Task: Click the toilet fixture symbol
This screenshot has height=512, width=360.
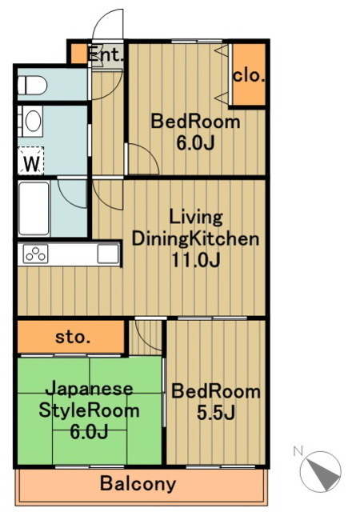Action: point(32,86)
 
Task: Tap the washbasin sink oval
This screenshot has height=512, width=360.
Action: point(33,121)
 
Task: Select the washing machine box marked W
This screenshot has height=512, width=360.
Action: point(31,161)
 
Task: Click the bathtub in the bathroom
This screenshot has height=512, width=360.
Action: point(34,208)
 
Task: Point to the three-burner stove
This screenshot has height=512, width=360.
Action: point(35,254)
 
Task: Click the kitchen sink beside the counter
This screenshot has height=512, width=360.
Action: point(107,254)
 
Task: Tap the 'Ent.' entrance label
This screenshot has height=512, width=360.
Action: point(106,54)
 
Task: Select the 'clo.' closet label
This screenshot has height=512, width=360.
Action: point(249,76)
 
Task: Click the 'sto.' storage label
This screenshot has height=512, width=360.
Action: point(73,337)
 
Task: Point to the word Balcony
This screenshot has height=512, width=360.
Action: point(138,484)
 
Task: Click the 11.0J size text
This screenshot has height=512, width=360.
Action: point(196,260)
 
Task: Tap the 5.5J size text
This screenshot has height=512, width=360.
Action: point(216,413)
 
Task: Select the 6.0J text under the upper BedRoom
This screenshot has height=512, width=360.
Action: point(195,142)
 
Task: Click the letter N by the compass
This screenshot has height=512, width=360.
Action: point(298,451)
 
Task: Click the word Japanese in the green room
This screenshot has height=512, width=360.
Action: point(89,390)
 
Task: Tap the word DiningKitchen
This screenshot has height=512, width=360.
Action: point(195,239)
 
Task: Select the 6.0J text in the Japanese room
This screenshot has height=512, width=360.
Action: point(89,432)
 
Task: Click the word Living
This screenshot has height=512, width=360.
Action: point(196,218)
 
